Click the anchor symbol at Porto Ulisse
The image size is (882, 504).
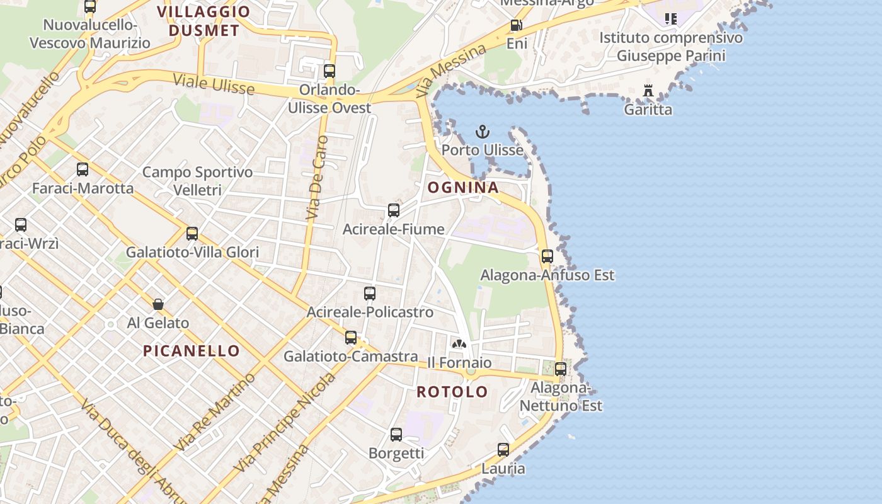pos(482,132)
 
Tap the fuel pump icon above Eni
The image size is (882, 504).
pos(516,25)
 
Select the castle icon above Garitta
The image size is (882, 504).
pos(648,91)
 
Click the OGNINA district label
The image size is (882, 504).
pos(463,187)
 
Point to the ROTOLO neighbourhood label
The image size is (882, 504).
pos(452,391)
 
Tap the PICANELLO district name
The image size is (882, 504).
pos(192,351)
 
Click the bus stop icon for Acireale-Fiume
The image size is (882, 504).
pos(394,210)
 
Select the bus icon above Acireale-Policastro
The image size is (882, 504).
pos(370,294)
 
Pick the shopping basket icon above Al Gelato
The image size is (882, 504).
pos(158,304)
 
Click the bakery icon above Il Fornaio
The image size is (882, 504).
pos(459,344)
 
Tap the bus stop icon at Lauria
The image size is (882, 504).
pos(503,450)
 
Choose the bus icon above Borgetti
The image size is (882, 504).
pos(396,435)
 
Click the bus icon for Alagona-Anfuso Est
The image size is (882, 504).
pos(547,256)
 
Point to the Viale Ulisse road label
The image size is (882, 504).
pos(214,84)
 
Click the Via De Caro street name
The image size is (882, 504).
pos(317,178)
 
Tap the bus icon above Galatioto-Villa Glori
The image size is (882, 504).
pos(192,234)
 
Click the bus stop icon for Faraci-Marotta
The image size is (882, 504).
pos(83,169)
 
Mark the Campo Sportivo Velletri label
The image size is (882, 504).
pos(197,180)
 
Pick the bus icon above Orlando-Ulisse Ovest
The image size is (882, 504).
pos(329,71)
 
